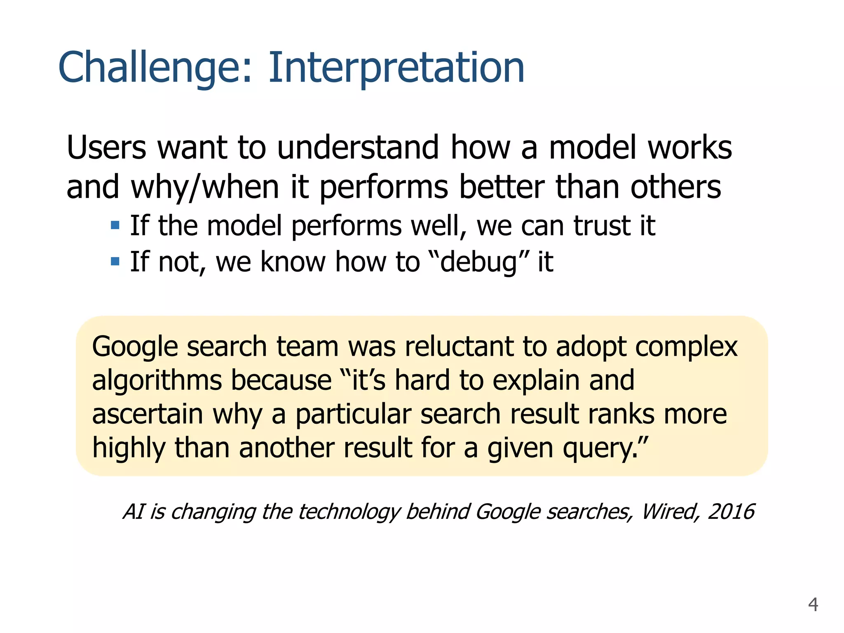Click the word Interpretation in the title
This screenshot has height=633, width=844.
(x=396, y=68)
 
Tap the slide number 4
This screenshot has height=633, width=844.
(x=813, y=605)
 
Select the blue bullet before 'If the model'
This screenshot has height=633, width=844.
(x=115, y=225)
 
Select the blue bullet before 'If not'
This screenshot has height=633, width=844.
(x=115, y=261)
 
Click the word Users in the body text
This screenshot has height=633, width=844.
(x=106, y=148)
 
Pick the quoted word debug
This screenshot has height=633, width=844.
(x=478, y=263)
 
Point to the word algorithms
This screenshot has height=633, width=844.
(x=157, y=380)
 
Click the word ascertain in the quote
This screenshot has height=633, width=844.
(x=147, y=414)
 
